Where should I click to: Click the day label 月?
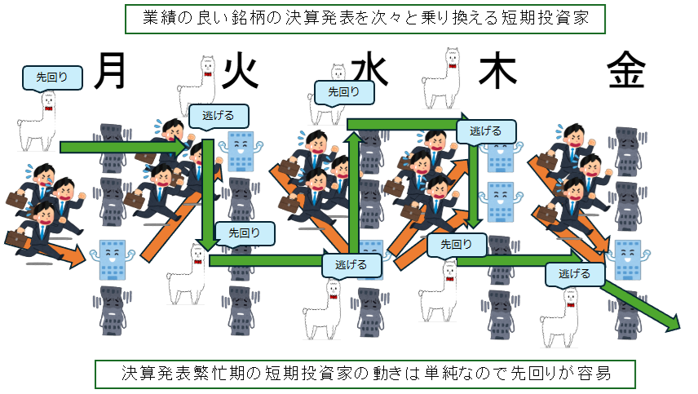point(109,71)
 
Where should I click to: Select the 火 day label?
point(240,72)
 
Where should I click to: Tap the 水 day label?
point(370,71)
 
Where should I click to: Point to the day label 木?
point(497,70)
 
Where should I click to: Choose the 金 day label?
point(626,70)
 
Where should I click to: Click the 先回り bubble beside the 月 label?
point(52,77)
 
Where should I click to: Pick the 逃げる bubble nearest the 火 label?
point(219,116)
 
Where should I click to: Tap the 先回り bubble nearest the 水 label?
point(344,92)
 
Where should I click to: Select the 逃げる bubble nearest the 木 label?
point(486,131)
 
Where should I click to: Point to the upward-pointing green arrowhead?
point(355,139)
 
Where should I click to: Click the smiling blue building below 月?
point(112,259)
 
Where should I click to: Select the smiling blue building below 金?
point(628,259)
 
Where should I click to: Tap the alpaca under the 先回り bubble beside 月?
point(37,122)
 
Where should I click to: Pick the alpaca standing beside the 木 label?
point(441,79)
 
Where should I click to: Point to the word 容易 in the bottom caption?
point(594,373)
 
